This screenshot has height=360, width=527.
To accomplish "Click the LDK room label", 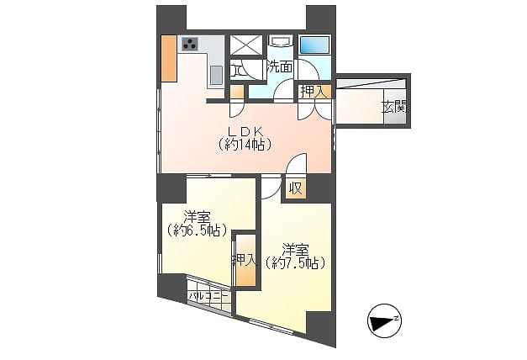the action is coord(245,131).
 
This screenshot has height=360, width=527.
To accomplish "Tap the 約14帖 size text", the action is coord(245,145).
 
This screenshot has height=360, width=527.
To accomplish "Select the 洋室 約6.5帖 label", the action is coord(197,224).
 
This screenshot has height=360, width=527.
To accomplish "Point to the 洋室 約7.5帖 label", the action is coord(295,257).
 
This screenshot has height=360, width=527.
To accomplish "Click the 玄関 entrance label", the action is coord(394,108).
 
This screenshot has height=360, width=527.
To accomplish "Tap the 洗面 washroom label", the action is coord(279,67).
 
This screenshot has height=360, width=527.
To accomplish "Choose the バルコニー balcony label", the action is coord(208,296).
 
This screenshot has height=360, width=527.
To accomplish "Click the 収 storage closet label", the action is coord(296,188).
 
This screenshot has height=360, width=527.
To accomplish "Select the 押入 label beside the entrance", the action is coord(314,92).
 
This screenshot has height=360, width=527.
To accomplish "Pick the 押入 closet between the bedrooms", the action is coord(245,260).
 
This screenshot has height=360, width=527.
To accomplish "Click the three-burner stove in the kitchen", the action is coord(190,44).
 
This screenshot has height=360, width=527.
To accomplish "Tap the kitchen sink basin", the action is coord(217,75).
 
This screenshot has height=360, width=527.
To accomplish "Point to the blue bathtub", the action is coord(314,45).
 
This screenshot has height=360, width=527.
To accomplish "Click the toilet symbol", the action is coord(236,71).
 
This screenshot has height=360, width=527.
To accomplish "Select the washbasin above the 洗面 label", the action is coord(280,41).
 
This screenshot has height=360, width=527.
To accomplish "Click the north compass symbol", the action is coord(384,320).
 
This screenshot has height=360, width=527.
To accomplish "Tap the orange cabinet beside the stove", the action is coord(169,58).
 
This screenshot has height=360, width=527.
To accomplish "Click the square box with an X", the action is coord(246,45).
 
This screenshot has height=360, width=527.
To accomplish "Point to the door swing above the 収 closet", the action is coord(297,163).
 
